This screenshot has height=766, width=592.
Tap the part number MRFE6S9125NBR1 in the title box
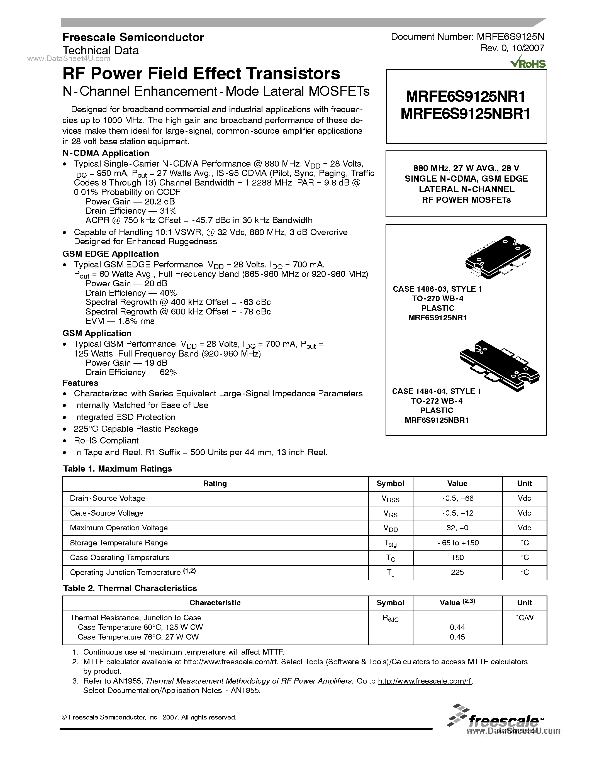tap(466, 114)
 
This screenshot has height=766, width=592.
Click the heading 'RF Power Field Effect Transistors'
tap(201, 74)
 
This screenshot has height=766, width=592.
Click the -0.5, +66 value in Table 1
tap(457, 498)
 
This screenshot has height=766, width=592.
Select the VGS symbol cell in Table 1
tap(390, 513)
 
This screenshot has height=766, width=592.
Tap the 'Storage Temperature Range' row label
tap(119, 543)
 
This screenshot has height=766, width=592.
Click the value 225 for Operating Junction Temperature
tap(457, 572)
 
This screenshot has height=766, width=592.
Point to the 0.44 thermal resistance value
tap(457, 627)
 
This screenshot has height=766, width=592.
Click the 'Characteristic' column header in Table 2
tap(215, 602)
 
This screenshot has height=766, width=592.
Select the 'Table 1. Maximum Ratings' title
tap(117, 469)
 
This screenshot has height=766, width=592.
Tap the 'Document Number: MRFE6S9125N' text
tap(467, 37)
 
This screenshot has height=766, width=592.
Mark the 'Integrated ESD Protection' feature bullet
tap(125, 417)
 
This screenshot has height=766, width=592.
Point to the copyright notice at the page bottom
tap(149, 717)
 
